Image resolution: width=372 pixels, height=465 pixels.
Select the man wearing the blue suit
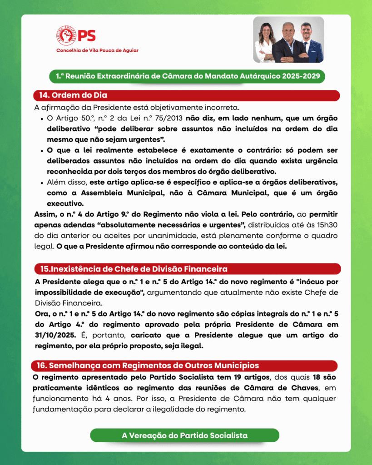(x=311, y=45)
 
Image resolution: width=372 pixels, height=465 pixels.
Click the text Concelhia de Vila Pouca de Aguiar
(x=97, y=50)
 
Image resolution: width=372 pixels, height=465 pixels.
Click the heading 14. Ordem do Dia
(x=73, y=96)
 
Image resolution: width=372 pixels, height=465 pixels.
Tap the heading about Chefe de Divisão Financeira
(x=134, y=269)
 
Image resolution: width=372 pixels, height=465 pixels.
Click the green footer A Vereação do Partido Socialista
(x=184, y=435)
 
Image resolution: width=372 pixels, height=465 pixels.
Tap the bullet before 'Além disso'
(x=42, y=183)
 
